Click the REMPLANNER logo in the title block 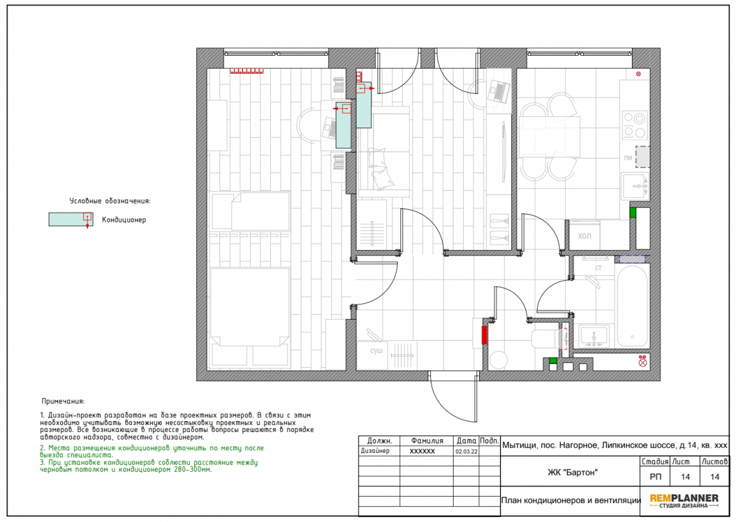pos(684,501)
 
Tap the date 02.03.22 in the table pos(466,452)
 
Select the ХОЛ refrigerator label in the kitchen pos(584,236)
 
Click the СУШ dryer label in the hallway pos(376,351)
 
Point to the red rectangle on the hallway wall pos(484,336)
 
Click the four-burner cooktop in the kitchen pos(634,124)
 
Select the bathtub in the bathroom pos(632,306)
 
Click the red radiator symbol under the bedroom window pos(246,71)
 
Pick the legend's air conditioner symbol pos(71,219)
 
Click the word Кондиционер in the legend pos(124,219)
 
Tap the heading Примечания pos(63,401)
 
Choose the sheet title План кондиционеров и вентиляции pos(571,500)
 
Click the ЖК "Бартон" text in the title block pos(573,473)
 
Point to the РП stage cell pos(655,477)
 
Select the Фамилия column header pos(426,441)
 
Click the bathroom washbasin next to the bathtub pos(595,337)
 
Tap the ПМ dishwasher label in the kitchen pos(628,158)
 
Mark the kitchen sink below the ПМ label pos(635,186)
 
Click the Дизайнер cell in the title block pos(375,451)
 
